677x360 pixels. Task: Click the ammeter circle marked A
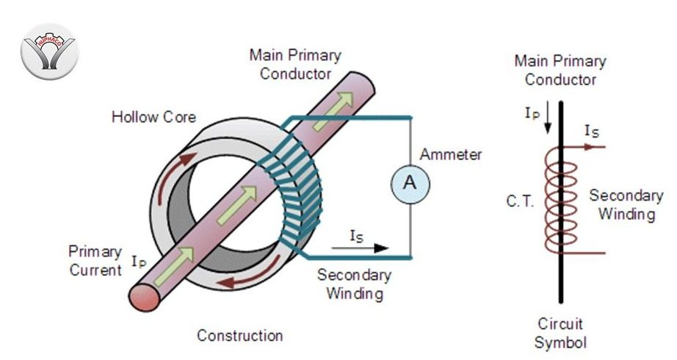(410, 184)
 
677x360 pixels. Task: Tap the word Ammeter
(451, 155)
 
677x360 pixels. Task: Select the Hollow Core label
(153, 118)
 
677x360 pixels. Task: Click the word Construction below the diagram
(239, 336)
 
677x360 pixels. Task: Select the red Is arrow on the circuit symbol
(590, 145)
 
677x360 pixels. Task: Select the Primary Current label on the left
(95, 261)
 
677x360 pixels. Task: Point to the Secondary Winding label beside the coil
(626, 205)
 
